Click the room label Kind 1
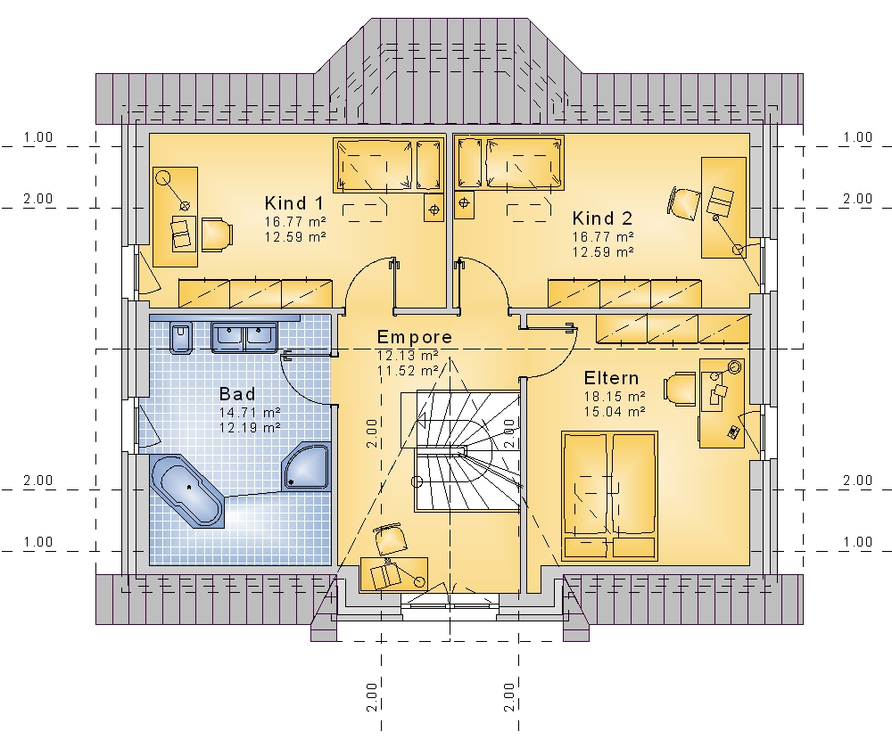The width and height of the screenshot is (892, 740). (x=294, y=203)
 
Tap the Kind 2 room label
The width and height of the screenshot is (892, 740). (x=602, y=218)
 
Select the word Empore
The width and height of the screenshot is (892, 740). (x=414, y=337)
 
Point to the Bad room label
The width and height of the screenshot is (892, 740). (x=237, y=393)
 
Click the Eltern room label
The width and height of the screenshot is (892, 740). (x=612, y=378)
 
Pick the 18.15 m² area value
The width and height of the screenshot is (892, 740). (x=615, y=397)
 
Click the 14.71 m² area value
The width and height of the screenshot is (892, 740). (x=250, y=413)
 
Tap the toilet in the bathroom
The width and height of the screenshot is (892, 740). (x=181, y=337)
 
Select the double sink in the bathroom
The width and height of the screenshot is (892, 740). (x=244, y=337)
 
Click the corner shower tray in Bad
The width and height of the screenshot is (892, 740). (x=307, y=466)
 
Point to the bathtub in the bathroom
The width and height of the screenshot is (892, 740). (x=187, y=491)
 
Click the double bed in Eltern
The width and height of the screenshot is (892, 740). (x=609, y=496)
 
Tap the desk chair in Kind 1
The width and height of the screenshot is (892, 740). (x=216, y=234)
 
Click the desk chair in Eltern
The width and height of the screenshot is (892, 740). (x=680, y=390)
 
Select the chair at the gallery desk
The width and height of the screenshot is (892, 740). (x=391, y=539)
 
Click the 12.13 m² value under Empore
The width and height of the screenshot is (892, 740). (x=408, y=356)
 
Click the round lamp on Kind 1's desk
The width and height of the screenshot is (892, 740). (x=164, y=177)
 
